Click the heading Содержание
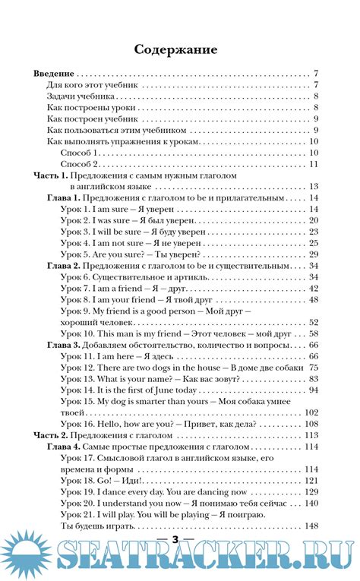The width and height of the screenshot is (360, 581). pos(175,49)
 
